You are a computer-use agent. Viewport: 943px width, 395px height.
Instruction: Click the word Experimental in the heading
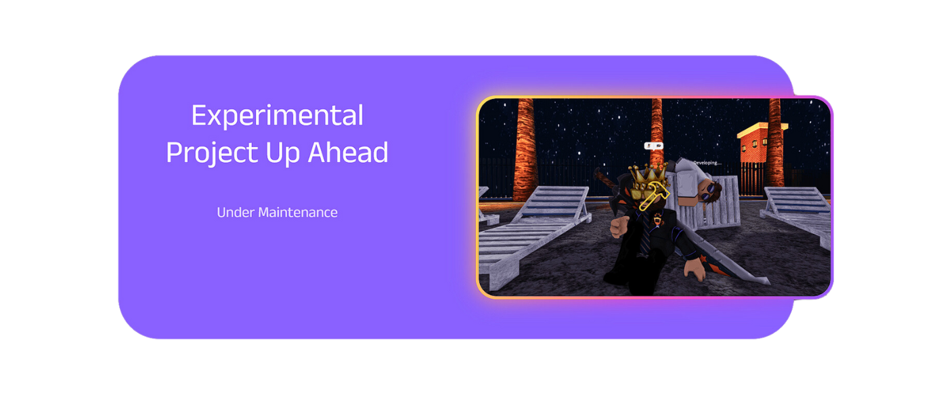click(278, 115)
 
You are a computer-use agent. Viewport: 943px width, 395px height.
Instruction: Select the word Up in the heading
click(282, 153)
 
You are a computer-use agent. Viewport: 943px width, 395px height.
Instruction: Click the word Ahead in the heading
click(348, 152)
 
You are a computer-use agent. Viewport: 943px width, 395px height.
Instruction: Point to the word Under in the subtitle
click(236, 213)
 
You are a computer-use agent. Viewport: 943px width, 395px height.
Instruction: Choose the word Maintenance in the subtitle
click(298, 213)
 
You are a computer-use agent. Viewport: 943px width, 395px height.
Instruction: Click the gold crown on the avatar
click(647, 176)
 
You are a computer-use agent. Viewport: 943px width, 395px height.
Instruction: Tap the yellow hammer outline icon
click(653, 196)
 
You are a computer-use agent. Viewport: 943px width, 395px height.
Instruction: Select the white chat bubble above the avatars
click(653, 146)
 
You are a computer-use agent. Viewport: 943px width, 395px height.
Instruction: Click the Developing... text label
click(707, 163)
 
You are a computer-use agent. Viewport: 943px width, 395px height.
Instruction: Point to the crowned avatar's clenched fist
click(619, 227)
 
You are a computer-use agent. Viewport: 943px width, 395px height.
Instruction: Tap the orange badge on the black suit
click(657, 220)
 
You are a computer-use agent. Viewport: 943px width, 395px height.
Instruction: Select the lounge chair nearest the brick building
click(795, 215)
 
